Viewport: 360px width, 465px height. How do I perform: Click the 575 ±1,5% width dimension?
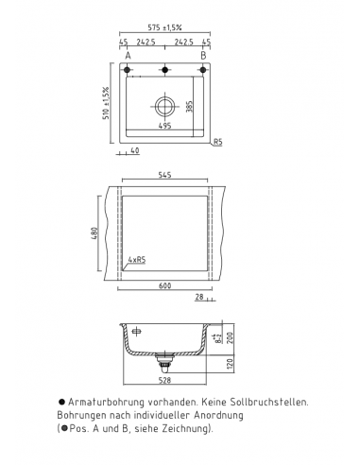tap(164, 31)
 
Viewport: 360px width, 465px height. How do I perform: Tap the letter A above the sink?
tap(128, 56)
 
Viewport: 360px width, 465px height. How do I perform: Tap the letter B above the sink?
tap(202, 56)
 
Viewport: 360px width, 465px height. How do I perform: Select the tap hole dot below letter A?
tap(128, 70)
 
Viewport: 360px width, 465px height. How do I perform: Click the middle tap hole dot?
tap(164, 70)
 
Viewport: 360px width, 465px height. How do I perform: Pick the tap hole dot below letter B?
tap(202, 70)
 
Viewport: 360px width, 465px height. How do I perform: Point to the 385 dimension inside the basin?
tap(190, 106)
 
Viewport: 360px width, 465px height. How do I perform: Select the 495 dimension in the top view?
tap(164, 124)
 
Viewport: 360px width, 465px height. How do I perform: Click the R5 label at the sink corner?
tap(217, 142)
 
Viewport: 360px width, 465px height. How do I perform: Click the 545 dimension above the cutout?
tap(164, 177)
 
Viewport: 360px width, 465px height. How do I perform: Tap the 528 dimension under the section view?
tap(166, 384)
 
